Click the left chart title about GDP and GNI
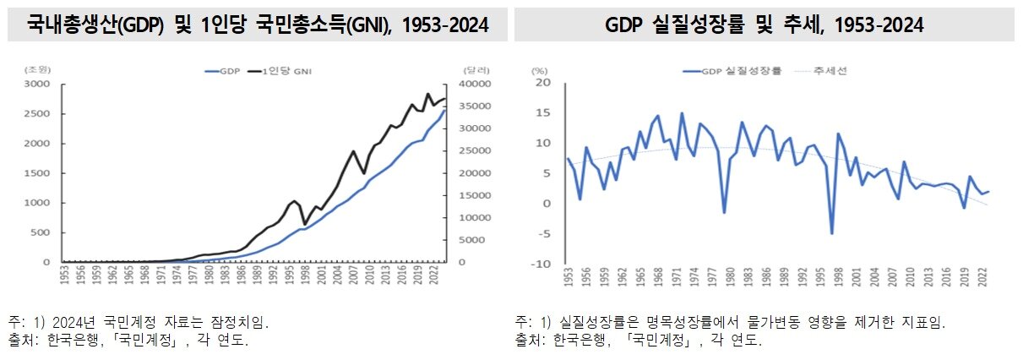[258, 25]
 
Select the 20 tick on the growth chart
[542, 83]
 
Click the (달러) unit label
[474, 69]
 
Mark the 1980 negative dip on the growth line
[724, 212]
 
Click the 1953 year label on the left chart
[65, 281]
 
